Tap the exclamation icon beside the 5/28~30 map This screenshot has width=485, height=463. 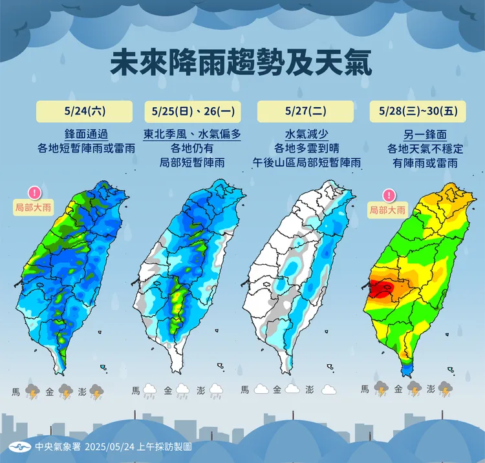click(388, 195)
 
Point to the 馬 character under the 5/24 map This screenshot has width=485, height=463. click(16, 391)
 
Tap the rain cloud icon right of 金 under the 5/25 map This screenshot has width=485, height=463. click(182, 391)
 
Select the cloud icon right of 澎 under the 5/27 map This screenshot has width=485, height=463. click(328, 390)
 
